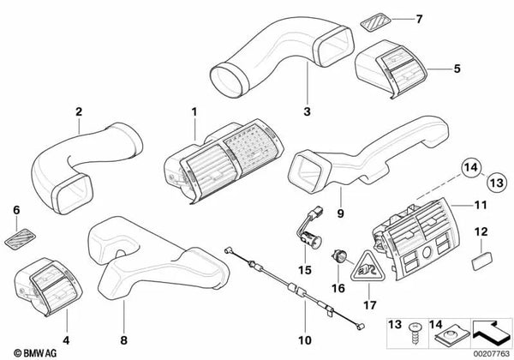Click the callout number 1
point(194,111)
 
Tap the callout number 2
point(78,111)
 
